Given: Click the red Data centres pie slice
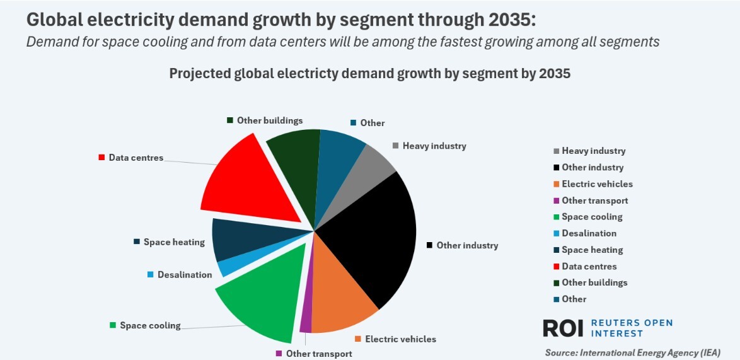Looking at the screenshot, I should point(252,183).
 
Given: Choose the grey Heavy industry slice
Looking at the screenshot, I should point(372,160).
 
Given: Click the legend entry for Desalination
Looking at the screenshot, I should point(589,233).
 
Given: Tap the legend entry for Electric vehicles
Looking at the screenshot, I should point(596,184).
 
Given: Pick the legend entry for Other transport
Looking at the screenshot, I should point(594,200).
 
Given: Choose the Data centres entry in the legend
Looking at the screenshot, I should point(589,266).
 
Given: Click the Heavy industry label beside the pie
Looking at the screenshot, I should point(434,146).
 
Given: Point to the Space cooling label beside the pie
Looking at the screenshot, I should point(150,325).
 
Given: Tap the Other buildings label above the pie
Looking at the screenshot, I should point(269,120).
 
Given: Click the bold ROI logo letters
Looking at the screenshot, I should point(564,328).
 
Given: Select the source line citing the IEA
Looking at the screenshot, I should point(632,352).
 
